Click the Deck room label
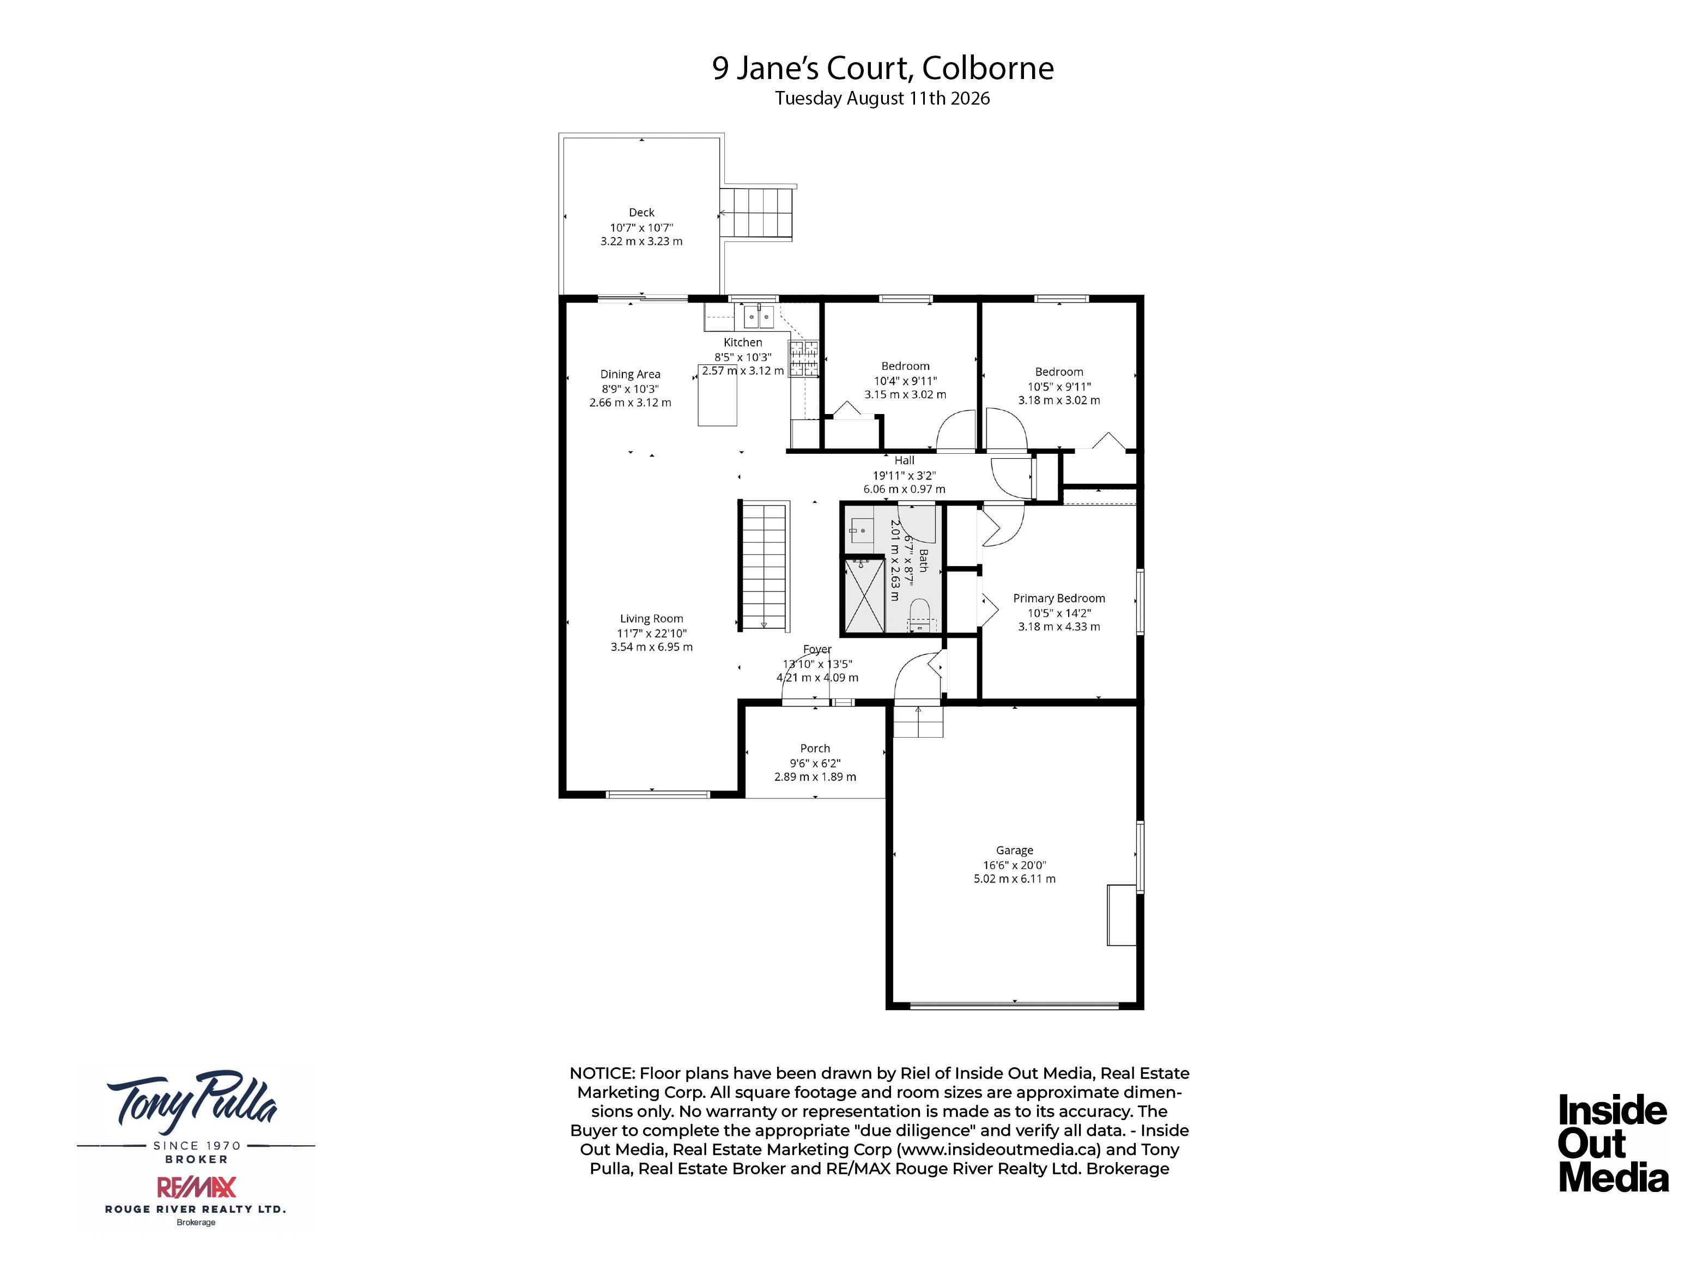[641, 212]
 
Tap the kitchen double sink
[759, 317]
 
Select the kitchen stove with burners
[803, 358]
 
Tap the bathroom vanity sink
[862, 530]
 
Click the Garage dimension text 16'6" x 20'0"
[1014, 865]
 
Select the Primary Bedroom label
[1059, 598]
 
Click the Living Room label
[651, 618]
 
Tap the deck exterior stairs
[757, 212]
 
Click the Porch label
[815, 748]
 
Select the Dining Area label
[630, 374]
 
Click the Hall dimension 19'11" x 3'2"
[904, 476]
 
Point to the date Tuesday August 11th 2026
[882, 99]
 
